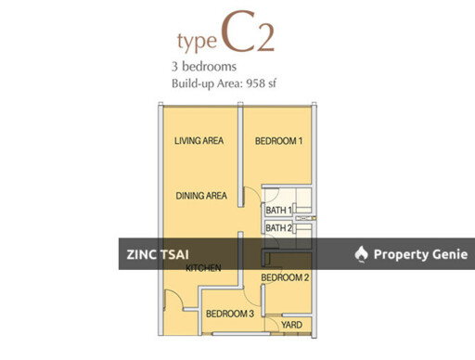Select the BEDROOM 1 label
coord(280,141)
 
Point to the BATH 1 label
coord(278,211)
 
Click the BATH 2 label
coord(278,227)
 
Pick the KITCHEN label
coord(203,269)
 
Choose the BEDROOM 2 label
coord(284,277)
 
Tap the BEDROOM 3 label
coord(229,314)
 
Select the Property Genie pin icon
coord(362,254)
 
